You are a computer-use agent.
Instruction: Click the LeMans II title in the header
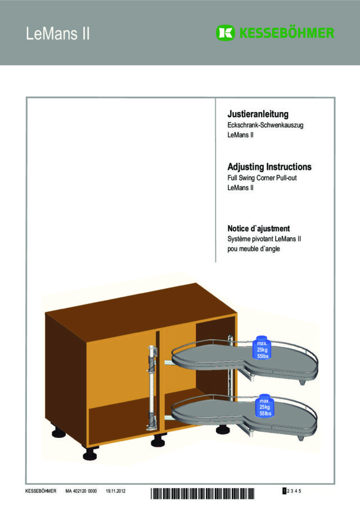coord(58,34)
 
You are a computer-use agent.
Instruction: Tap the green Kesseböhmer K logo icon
coord(224,33)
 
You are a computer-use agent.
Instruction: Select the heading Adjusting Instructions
coord(269,167)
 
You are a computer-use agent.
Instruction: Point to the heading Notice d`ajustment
coord(258,229)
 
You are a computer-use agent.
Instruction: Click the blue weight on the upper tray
coord(263,349)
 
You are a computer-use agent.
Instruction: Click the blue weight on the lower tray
coord(264,406)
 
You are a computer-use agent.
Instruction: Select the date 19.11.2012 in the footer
coord(115,491)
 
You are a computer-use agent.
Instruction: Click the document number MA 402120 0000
coord(81,491)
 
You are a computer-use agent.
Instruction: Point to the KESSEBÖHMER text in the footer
coord(41,491)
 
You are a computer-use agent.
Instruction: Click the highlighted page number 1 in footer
coord(285,491)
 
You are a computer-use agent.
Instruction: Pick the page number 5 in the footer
coord(300,491)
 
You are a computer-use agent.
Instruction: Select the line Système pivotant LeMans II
coord(264,239)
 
